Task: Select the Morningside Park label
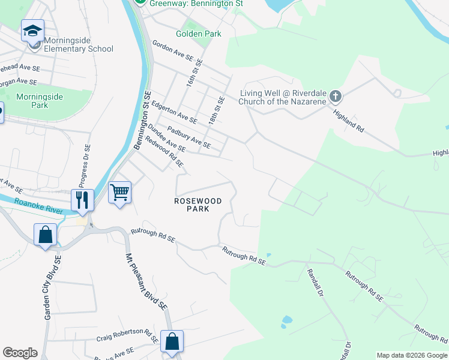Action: [40, 100]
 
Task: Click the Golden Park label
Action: [198, 34]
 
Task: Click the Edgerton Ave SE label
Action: [174, 112]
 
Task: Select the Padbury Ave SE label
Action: [188, 136]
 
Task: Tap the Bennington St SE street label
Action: [141, 120]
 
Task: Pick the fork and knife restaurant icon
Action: [82, 199]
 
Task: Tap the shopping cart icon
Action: [119, 193]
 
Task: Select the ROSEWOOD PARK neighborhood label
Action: [197, 205]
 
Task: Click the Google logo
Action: [20, 353]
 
